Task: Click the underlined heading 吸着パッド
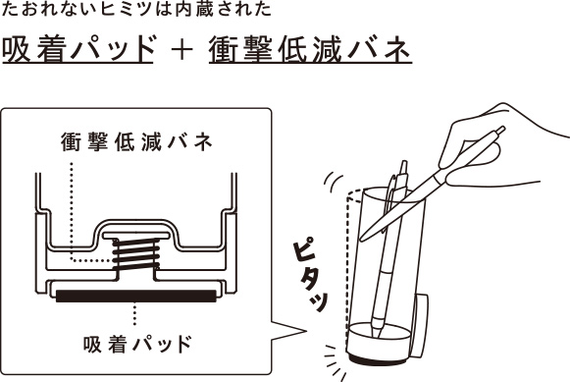(78, 49)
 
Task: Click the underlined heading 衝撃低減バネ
(310, 49)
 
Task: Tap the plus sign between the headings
(181, 50)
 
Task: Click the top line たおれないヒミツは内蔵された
(136, 10)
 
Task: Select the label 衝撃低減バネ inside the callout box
(136, 141)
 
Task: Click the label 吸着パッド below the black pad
(137, 344)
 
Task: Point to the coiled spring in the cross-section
(136, 254)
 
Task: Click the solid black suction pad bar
(136, 296)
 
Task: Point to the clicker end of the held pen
(500, 130)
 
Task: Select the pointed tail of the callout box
(289, 331)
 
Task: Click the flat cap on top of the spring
(136, 236)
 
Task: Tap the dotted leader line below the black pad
(134, 314)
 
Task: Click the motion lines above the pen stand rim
(333, 181)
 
